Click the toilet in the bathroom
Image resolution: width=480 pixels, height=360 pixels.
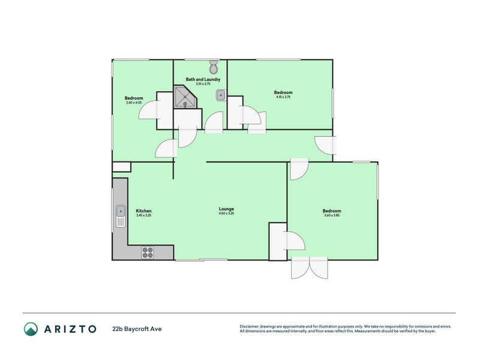(214, 65)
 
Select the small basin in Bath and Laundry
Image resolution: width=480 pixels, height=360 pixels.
(221, 94)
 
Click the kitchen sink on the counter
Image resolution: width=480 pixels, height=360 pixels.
(120, 211)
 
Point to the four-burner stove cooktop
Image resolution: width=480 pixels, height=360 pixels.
(148, 253)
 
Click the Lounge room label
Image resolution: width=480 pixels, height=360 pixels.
(226, 209)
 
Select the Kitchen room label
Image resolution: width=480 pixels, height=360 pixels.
(144, 211)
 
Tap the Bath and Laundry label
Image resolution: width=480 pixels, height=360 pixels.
(203, 79)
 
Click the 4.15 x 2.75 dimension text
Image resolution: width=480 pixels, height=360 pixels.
(283, 97)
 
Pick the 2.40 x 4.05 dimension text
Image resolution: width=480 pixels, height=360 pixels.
(134, 103)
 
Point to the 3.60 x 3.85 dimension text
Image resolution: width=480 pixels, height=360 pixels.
(332, 215)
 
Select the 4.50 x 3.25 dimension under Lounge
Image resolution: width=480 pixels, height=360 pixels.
(226, 214)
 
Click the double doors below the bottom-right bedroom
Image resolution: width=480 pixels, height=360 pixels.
(310, 268)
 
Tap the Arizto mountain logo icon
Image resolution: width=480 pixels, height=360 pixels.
(31, 328)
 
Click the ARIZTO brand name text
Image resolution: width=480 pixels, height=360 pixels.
(70, 329)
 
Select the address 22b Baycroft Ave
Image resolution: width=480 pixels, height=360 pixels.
(136, 329)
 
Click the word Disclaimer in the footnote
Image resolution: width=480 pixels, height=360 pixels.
(251, 326)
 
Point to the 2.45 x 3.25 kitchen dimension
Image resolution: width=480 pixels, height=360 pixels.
(144, 215)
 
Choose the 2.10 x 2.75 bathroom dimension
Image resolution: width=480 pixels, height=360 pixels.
(203, 84)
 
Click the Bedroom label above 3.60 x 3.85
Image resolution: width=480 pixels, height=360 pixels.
(332, 211)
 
